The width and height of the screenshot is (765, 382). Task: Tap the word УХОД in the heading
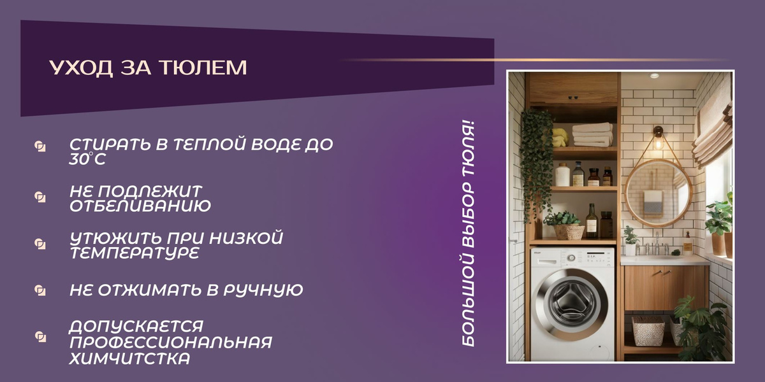81,67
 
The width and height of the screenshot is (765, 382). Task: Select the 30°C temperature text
87,159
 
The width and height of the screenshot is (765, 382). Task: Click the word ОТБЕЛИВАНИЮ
140,206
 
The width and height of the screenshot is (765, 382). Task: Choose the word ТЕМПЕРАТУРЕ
135,253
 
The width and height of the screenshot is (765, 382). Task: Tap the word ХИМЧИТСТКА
129,358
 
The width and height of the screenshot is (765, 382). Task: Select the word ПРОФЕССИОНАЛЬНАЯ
171,343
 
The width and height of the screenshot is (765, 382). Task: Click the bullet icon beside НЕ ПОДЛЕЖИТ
40,197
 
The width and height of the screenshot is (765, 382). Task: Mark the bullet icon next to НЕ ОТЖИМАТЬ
40,290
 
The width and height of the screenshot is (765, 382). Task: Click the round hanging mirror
658,194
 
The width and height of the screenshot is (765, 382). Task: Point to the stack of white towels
592,134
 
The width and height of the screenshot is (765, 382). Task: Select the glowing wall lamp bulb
658,143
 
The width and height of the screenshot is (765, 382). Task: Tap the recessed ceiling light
654,76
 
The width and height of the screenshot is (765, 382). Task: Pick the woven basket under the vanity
648,330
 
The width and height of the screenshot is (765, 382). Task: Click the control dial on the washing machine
571,258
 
